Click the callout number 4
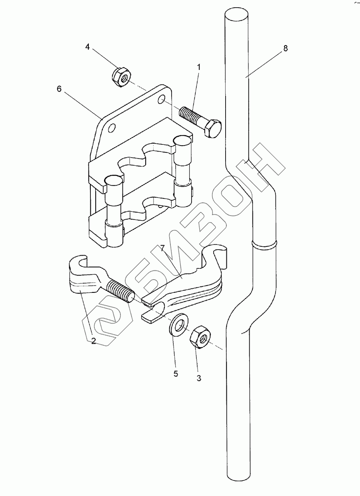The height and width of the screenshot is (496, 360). coord(87,47)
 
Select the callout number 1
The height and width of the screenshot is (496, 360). coord(198,66)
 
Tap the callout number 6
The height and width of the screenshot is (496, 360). coord(59,89)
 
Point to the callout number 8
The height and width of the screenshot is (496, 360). coord(285,48)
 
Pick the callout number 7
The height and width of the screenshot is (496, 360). coord(162,248)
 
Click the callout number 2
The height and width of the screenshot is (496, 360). coord(93,341)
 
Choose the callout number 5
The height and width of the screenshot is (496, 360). coord(175,374)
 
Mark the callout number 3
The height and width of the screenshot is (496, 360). coord(199,378)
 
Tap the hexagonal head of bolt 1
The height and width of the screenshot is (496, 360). coord(212,128)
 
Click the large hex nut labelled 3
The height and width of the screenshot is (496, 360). coord(199,337)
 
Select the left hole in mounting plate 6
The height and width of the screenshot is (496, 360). coord(112,128)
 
